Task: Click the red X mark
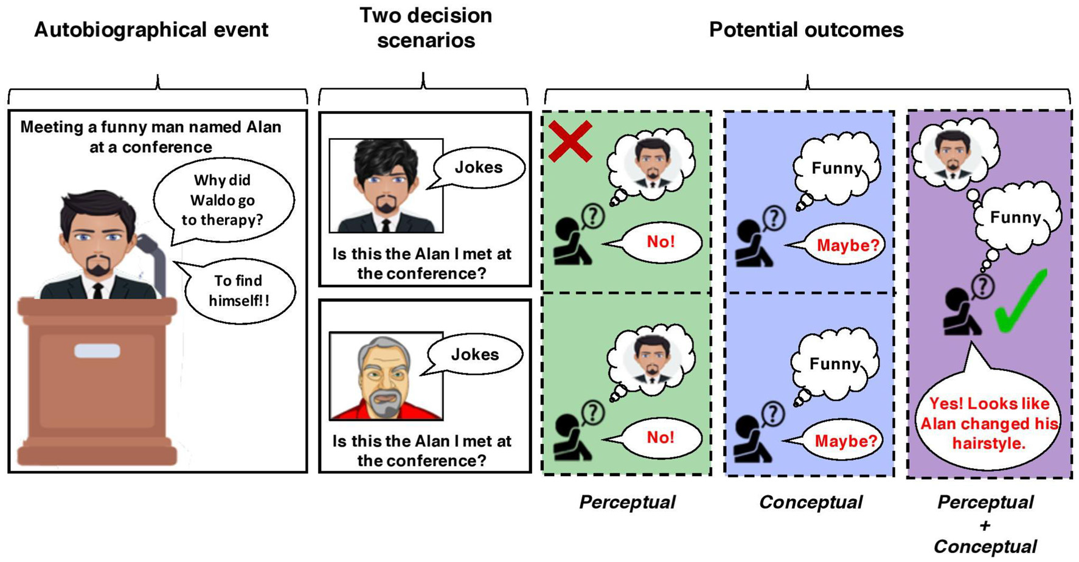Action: click(570, 142)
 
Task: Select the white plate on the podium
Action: click(97, 351)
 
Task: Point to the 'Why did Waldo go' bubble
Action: click(223, 200)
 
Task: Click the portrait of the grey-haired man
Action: click(386, 376)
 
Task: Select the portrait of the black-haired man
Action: click(386, 186)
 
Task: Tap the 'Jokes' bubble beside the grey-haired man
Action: click(475, 355)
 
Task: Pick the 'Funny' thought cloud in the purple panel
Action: click(1016, 218)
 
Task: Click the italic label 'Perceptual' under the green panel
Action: click(627, 502)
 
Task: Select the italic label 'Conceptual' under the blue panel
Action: click(810, 502)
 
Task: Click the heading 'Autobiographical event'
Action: click(151, 30)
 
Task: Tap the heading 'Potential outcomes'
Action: click(806, 30)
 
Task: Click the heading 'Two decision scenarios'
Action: click(425, 28)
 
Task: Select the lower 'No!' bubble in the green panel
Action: click(661, 437)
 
